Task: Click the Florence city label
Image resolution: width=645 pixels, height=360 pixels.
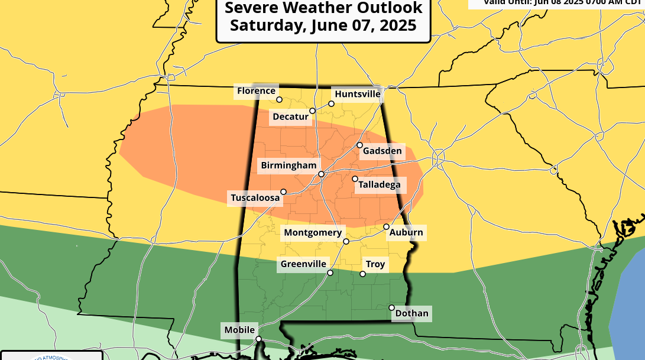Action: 256,90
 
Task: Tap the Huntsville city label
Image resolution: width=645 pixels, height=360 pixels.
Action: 357,94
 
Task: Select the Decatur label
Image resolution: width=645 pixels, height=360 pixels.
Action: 290,116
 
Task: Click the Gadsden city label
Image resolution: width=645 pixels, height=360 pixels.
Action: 382,151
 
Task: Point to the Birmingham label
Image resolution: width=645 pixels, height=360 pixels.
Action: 289,166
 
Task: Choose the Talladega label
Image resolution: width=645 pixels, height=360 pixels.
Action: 379,185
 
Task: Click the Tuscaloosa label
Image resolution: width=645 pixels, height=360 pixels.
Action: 255,198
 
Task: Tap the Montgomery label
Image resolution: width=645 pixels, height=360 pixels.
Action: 313,232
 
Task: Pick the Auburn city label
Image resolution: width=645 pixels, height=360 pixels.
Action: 406,232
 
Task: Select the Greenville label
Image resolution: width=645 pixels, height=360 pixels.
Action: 303,264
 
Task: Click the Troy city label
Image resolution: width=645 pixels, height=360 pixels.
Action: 375,264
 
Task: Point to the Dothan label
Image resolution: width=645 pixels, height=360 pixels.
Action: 411,313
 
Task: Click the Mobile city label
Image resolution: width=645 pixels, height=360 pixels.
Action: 239,330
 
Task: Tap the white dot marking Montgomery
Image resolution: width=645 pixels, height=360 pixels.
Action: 346,241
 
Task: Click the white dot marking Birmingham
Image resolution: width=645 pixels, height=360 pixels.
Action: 321,174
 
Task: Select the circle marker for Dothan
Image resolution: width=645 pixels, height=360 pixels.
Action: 391,307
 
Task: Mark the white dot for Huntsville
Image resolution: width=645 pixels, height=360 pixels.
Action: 331,103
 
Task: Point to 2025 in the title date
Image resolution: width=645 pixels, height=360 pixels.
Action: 397,25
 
